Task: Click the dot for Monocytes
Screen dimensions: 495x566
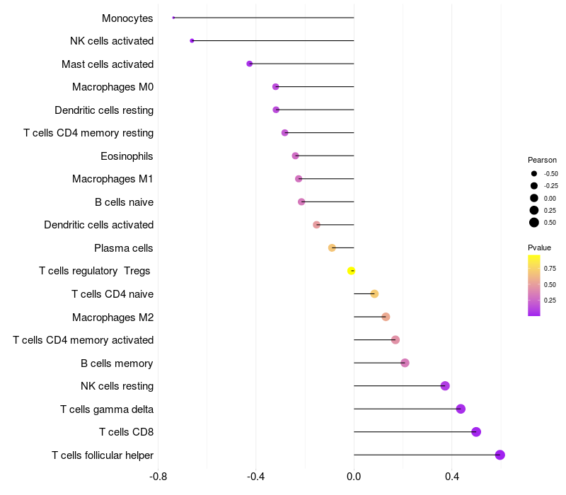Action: [173, 18]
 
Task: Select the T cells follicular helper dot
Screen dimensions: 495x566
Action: [500, 455]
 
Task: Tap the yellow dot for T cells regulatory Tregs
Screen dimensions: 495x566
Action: [351, 271]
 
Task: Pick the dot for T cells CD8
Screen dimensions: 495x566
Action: [476, 432]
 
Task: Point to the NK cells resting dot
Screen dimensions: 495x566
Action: [445, 386]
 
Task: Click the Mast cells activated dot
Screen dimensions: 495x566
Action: [250, 64]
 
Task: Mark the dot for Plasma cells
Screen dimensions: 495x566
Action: [332, 248]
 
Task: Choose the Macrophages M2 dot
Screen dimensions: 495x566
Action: [386, 317]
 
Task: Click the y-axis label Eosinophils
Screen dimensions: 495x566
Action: [127, 156]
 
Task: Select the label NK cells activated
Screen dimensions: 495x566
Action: [112, 41]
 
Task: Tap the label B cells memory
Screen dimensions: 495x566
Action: [117, 363]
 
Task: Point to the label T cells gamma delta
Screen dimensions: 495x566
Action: [107, 409]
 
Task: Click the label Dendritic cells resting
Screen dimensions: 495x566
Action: [104, 110]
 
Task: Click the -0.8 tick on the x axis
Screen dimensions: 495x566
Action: [158, 477]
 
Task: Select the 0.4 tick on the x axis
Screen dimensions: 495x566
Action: [451, 477]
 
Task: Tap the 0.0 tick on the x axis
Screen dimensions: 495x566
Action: [354, 477]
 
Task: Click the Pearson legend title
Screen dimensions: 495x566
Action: [542, 160]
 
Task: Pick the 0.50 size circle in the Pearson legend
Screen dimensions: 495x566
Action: [534, 223]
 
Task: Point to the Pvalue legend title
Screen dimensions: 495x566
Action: [539, 248]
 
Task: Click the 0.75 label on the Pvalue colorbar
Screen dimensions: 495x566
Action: [550, 269]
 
